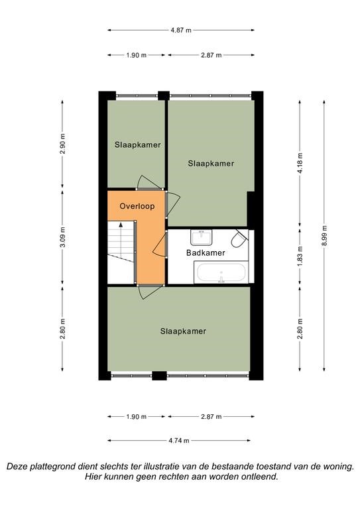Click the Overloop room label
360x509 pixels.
click(x=137, y=206)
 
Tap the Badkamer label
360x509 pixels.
click(x=206, y=253)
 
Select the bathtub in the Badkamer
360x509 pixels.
click(x=221, y=272)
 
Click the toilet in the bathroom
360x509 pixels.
click(x=239, y=239)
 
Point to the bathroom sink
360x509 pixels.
click(x=202, y=238)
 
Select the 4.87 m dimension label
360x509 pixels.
click(x=181, y=30)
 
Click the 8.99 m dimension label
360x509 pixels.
click(x=324, y=236)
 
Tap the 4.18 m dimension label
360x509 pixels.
click(x=300, y=163)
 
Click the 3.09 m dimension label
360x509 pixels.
click(x=62, y=237)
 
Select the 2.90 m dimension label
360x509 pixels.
click(x=62, y=143)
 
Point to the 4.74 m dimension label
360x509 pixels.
click(x=179, y=441)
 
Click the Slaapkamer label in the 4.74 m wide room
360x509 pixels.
click(x=183, y=331)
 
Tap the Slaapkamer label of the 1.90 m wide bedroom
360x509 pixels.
click(x=138, y=144)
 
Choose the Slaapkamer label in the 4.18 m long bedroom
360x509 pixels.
click(x=211, y=163)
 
